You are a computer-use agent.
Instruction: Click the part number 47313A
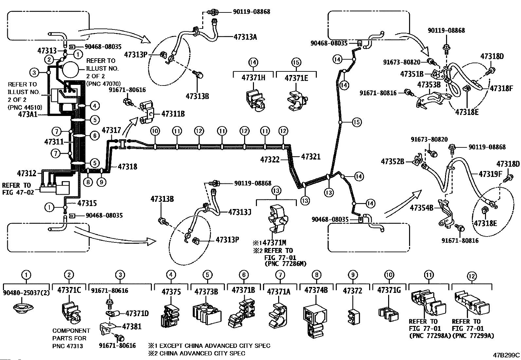245,37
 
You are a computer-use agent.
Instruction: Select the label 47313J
240,212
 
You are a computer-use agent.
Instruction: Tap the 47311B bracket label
173,114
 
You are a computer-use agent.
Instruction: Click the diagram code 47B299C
507,355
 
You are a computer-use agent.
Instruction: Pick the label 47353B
429,85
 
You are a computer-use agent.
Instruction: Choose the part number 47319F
490,174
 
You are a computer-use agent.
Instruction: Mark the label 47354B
422,208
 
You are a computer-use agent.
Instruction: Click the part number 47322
270,160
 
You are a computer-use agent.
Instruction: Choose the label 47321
311,157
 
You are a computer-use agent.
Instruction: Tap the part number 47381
132,326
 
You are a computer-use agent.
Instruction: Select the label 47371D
137,313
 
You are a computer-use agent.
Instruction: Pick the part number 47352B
393,161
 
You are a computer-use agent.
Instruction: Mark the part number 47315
87,203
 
